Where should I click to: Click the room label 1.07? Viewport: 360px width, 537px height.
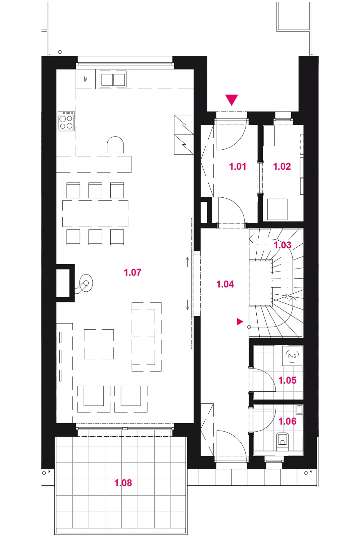pyautogui.click(x=133, y=273)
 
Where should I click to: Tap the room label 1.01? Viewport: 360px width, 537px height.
pyautogui.click(x=238, y=166)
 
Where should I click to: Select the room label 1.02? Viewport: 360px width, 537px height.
pyautogui.click(x=282, y=166)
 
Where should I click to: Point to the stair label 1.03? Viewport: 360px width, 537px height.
pyautogui.click(x=282, y=245)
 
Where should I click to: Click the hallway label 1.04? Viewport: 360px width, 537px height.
pyautogui.click(x=225, y=284)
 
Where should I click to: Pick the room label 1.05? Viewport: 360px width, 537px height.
pyautogui.click(x=288, y=380)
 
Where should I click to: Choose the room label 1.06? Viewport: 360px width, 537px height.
pyautogui.click(x=288, y=421)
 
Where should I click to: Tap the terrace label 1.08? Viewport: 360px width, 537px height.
pyautogui.click(x=123, y=483)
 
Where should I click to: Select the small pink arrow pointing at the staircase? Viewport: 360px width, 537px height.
pyautogui.click(x=240, y=322)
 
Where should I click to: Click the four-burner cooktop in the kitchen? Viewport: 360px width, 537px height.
pyautogui.click(x=66, y=121)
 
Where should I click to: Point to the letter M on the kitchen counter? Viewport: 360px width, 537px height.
pyautogui.click(x=86, y=79)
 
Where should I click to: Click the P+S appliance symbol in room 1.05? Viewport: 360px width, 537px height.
pyautogui.click(x=292, y=356)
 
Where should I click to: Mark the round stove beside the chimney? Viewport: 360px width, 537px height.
pyautogui.click(x=86, y=283)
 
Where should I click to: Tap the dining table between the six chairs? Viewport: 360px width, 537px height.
pyautogui.click(x=95, y=213)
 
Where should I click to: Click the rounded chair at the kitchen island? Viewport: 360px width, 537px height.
pyautogui.click(x=115, y=145)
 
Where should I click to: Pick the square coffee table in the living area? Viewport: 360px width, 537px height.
pyautogui.click(x=99, y=344)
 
